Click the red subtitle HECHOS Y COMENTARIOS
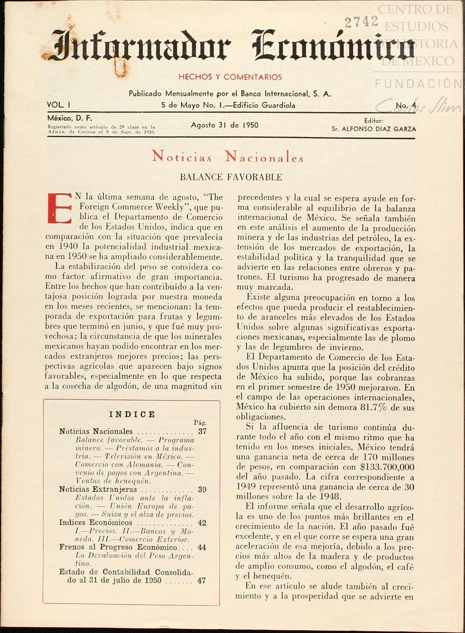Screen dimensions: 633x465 [x=230, y=77]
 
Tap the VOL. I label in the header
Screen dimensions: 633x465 [x=58, y=105]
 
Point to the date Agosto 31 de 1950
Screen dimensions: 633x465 [x=224, y=125]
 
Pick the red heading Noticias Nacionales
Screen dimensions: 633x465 [x=228, y=157]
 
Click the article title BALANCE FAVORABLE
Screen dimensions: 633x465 [x=231, y=177]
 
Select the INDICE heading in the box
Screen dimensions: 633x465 [x=132, y=414]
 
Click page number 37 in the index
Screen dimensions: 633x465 [x=202, y=431]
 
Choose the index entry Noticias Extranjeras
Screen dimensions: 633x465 [x=98, y=489]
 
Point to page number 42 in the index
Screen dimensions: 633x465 [x=202, y=523]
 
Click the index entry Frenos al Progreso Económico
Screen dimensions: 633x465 [x=118, y=547]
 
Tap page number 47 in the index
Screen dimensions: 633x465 [x=202, y=581]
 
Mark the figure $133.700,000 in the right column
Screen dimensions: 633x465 [x=387, y=467]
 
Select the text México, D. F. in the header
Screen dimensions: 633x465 [x=69, y=118]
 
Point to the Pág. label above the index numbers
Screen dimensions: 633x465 [x=200, y=423]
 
